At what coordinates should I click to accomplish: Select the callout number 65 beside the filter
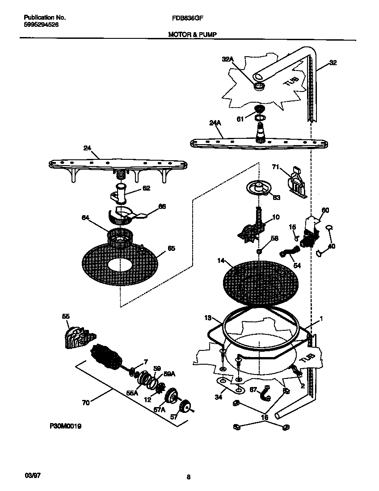point(171,249)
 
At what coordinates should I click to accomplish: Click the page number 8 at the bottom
point(189,478)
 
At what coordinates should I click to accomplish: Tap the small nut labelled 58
point(259,252)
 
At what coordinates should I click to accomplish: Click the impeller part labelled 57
point(184,407)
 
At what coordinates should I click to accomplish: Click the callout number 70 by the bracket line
point(86,402)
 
